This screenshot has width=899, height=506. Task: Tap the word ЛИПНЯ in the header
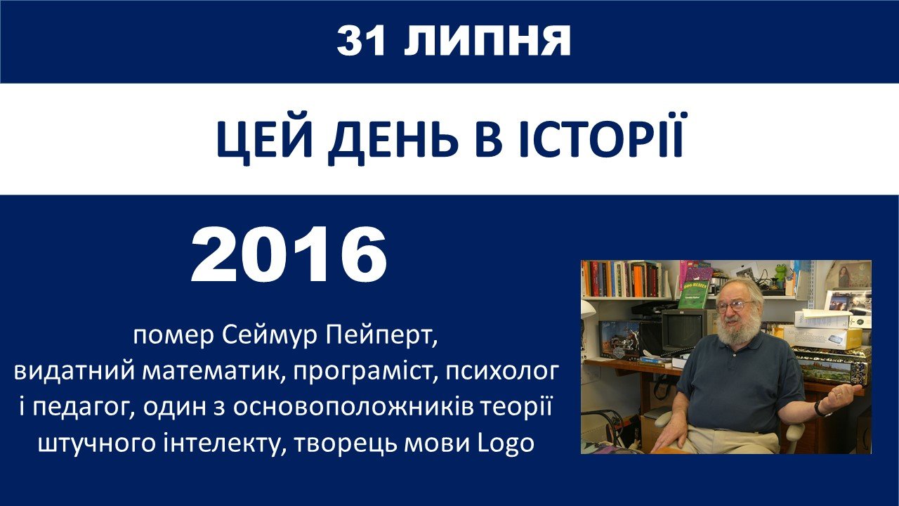(x=487, y=41)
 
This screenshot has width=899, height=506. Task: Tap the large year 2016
(x=289, y=254)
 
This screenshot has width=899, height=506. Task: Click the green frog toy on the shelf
(x=780, y=274)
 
